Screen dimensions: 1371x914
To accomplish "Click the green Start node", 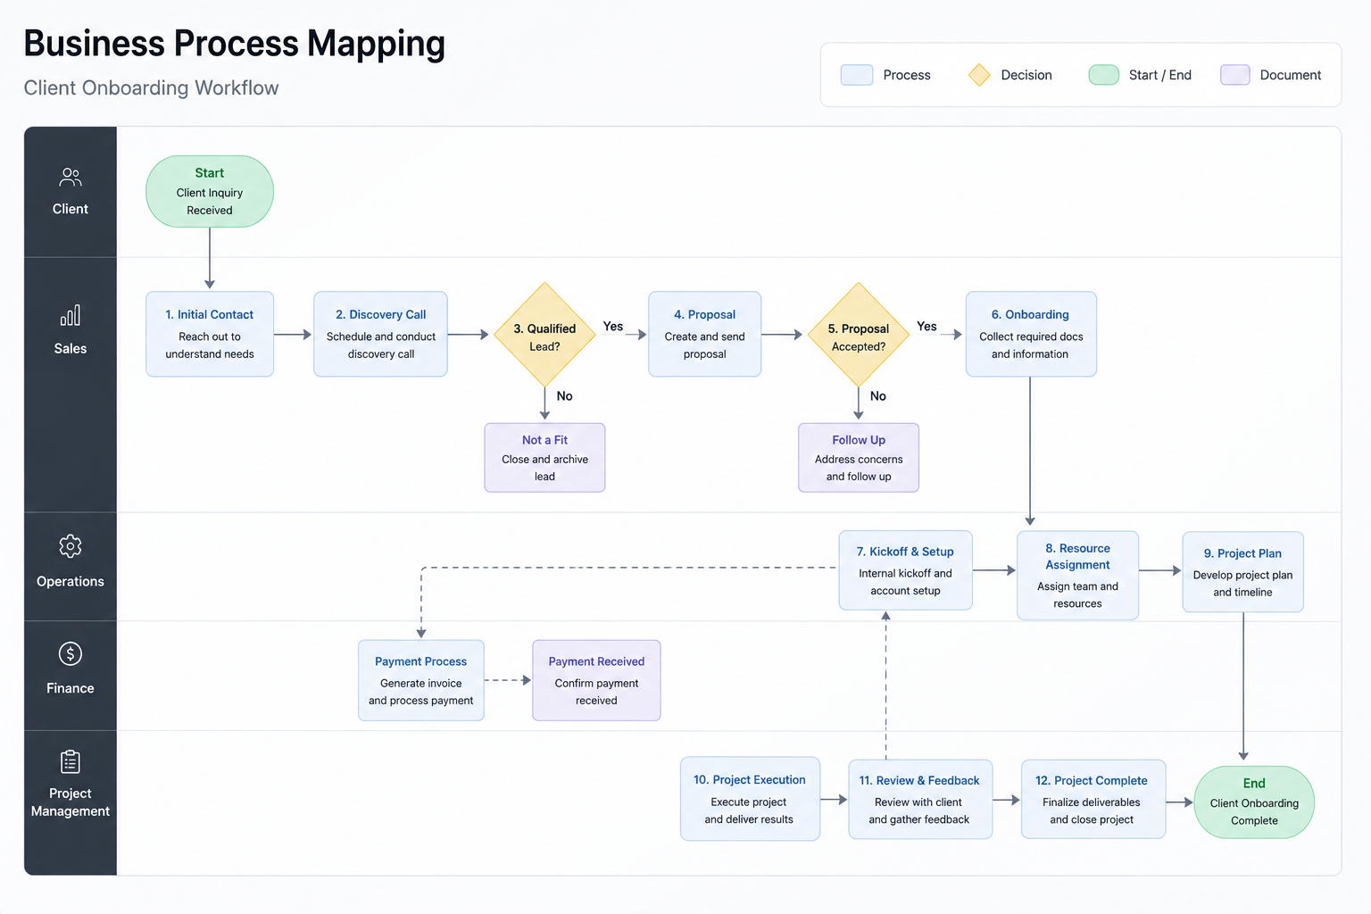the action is pyautogui.click(x=210, y=191).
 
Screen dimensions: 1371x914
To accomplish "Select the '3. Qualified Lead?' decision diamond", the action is pyautogui.click(x=544, y=334).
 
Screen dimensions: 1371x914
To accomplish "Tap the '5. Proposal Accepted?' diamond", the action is pyautogui.click(x=858, y=334).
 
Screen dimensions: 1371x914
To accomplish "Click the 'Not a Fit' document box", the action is pyautogui.click(x=544, y=457).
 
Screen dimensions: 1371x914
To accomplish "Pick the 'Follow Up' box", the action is pyautogui.click(x=858, y=457).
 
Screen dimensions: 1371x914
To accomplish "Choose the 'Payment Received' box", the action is pyautogui.click(x=596, y=680).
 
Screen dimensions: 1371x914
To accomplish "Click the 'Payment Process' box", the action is pyautogui.click(x=421, y=680).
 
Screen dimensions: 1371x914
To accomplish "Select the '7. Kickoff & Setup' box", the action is pyautogui.click(x=905, y=570).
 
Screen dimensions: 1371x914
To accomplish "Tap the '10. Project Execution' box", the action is pyautogui.click(x=750, y=798).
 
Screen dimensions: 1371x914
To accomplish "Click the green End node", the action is pyautogui.click(x=1254, y=802).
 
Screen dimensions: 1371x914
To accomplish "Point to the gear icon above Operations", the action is pyautogui.click(x=71, y=546).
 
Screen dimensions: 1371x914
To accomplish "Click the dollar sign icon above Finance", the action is pyautogui.click(x=71, y=654).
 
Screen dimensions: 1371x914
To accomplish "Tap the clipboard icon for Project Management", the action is pyautogui.click(x=71, y=761).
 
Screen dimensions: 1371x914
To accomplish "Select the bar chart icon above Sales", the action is pyautogui.click(x=71, y=315).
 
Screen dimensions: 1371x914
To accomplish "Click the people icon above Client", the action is pyautogui.click(x=71, y=177).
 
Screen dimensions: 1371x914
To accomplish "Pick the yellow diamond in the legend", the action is pyautogui.click(x=979, y=75).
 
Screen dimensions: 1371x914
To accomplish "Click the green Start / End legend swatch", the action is pyautogui.click(x=1103, y=75).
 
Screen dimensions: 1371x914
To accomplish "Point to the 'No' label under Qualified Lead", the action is pyautogui.click(x=564, y=396).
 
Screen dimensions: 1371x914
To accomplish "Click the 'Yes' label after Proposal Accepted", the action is pyautogui.click(x=926, y=327).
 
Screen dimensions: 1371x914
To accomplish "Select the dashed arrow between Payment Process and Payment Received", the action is pyautogui.click(x=507, y=680).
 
